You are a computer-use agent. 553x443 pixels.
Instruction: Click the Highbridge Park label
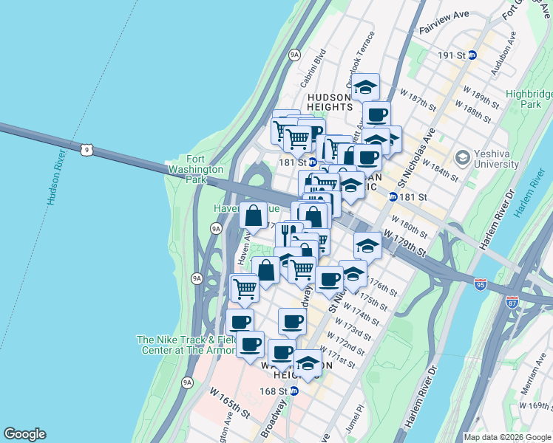[x=527, y=99]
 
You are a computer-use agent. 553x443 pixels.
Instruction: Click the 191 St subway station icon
[x=472, y=55]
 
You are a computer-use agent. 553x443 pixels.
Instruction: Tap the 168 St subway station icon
[x=294, y=391]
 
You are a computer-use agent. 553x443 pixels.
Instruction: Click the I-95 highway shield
[x=481, y=286]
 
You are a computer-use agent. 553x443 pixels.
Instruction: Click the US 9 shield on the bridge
[x=88, y=150]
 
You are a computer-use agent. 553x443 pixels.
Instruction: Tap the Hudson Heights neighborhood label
[x=329, y=102]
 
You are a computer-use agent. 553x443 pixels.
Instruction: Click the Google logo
[x=24, y=434]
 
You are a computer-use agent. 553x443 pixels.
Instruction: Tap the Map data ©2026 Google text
[x=507, y=437]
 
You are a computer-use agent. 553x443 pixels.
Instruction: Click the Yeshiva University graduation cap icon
[x=463, y=157]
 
